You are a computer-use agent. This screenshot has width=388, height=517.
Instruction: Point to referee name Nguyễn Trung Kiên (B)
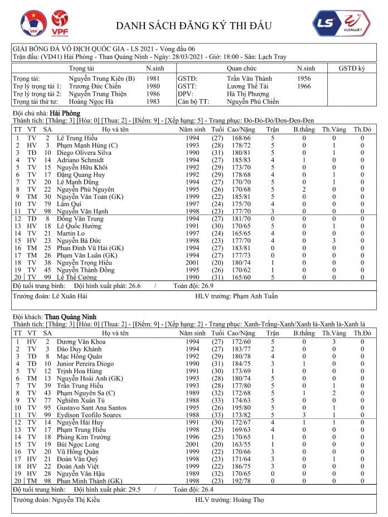[101, 79]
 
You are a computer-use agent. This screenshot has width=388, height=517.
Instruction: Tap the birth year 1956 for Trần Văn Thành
[304, 79]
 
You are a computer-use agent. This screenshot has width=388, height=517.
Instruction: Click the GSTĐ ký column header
[352, 67]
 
